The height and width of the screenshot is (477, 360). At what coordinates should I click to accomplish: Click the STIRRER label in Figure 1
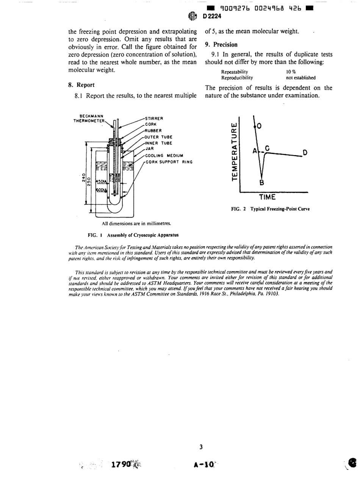click(155, 118)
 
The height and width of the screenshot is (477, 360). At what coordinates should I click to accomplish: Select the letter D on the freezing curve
click(304, 153)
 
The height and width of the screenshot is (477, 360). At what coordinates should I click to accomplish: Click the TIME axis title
click(267, 197)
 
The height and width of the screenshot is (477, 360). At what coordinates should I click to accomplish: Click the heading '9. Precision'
click(221, 45)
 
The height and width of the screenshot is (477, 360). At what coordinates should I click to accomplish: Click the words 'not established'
click(301, 78)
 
